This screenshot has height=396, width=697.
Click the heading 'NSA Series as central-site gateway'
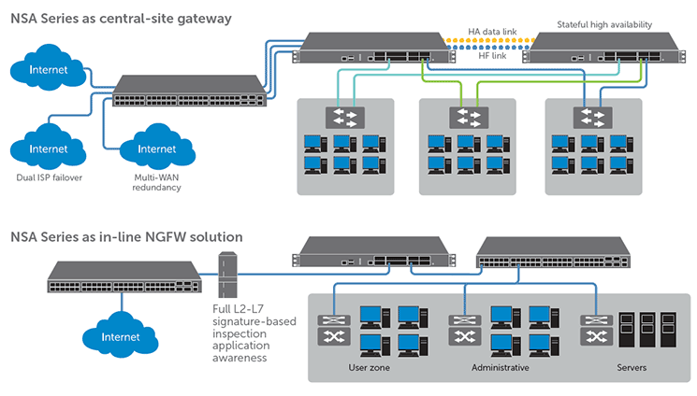point(122,18)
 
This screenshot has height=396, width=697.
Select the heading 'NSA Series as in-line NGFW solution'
point(126,236)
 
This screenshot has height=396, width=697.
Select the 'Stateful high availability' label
point(603,24)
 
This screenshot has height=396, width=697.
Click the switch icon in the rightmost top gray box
point(593,118)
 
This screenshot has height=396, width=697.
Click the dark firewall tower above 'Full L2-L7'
point(224,270)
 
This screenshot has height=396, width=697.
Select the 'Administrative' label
point(501,368)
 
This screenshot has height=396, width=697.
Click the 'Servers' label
point(632,368)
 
